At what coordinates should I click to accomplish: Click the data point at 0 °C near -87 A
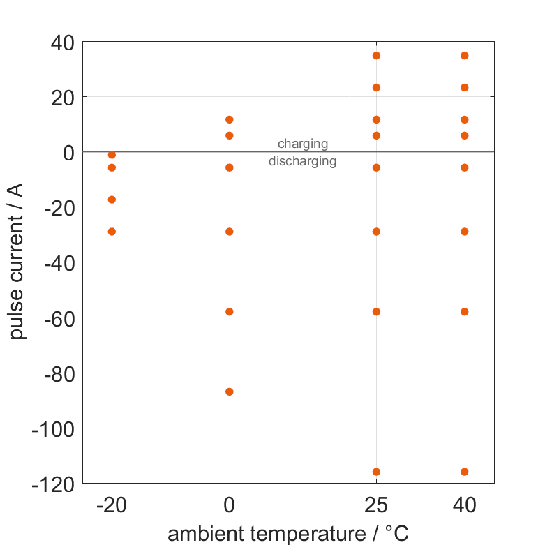230,391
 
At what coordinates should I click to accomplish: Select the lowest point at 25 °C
376,472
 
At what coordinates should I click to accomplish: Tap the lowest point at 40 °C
464,472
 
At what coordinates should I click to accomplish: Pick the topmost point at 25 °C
376,55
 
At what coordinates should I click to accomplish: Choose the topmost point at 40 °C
464,55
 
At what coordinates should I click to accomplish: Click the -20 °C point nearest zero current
112,154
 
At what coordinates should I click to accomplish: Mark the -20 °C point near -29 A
112,232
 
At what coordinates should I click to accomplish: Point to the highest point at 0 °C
230,119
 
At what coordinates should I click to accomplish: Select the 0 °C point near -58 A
230,311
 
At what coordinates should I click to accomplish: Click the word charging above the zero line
303,144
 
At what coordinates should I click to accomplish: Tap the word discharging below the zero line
303,161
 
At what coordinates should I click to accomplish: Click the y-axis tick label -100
52,428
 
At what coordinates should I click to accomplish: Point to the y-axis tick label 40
62,43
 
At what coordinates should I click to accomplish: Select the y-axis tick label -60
57,318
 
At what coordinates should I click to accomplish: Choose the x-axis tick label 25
376,505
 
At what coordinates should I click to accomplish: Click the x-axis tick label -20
112,505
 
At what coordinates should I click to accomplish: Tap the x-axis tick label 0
230,505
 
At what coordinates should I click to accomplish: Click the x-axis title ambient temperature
288,533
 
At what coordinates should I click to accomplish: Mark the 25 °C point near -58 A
376,311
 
